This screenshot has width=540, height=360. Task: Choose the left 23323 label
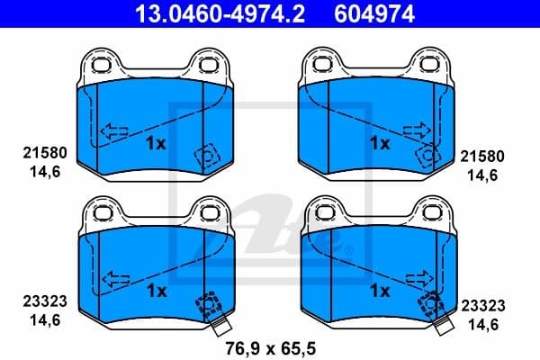point(40,304)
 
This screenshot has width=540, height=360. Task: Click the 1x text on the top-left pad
point(156,143)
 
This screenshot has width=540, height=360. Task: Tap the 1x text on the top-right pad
point(380,143)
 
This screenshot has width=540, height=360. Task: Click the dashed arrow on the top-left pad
point(112,133)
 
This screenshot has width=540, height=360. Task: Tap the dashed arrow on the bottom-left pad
point(112,280)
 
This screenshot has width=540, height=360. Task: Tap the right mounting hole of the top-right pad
point(434,65)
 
